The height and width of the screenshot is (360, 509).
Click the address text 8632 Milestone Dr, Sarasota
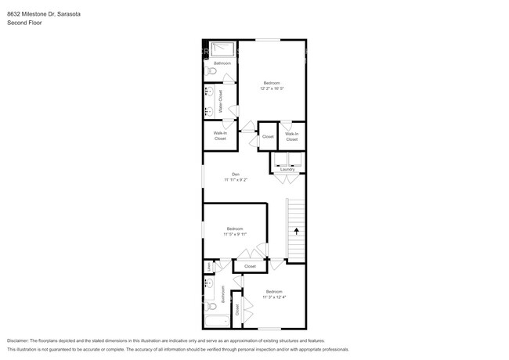pos(43,14)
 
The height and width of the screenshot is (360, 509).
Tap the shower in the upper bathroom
pos(221,49)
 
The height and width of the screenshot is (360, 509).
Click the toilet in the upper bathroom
pos(208,71)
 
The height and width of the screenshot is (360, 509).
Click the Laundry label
pos(287,169)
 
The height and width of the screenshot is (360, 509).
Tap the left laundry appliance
pos(280,159)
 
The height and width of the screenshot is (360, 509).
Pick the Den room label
pos(235,174)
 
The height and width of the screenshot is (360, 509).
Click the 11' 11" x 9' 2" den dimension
pos(235,180)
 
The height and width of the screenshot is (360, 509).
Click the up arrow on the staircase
pos(296,230)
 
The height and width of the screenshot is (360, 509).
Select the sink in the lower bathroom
pos(209,283)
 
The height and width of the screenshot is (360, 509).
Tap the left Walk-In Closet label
pos(220,135)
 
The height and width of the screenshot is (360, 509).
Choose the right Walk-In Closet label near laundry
pos(291,136)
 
